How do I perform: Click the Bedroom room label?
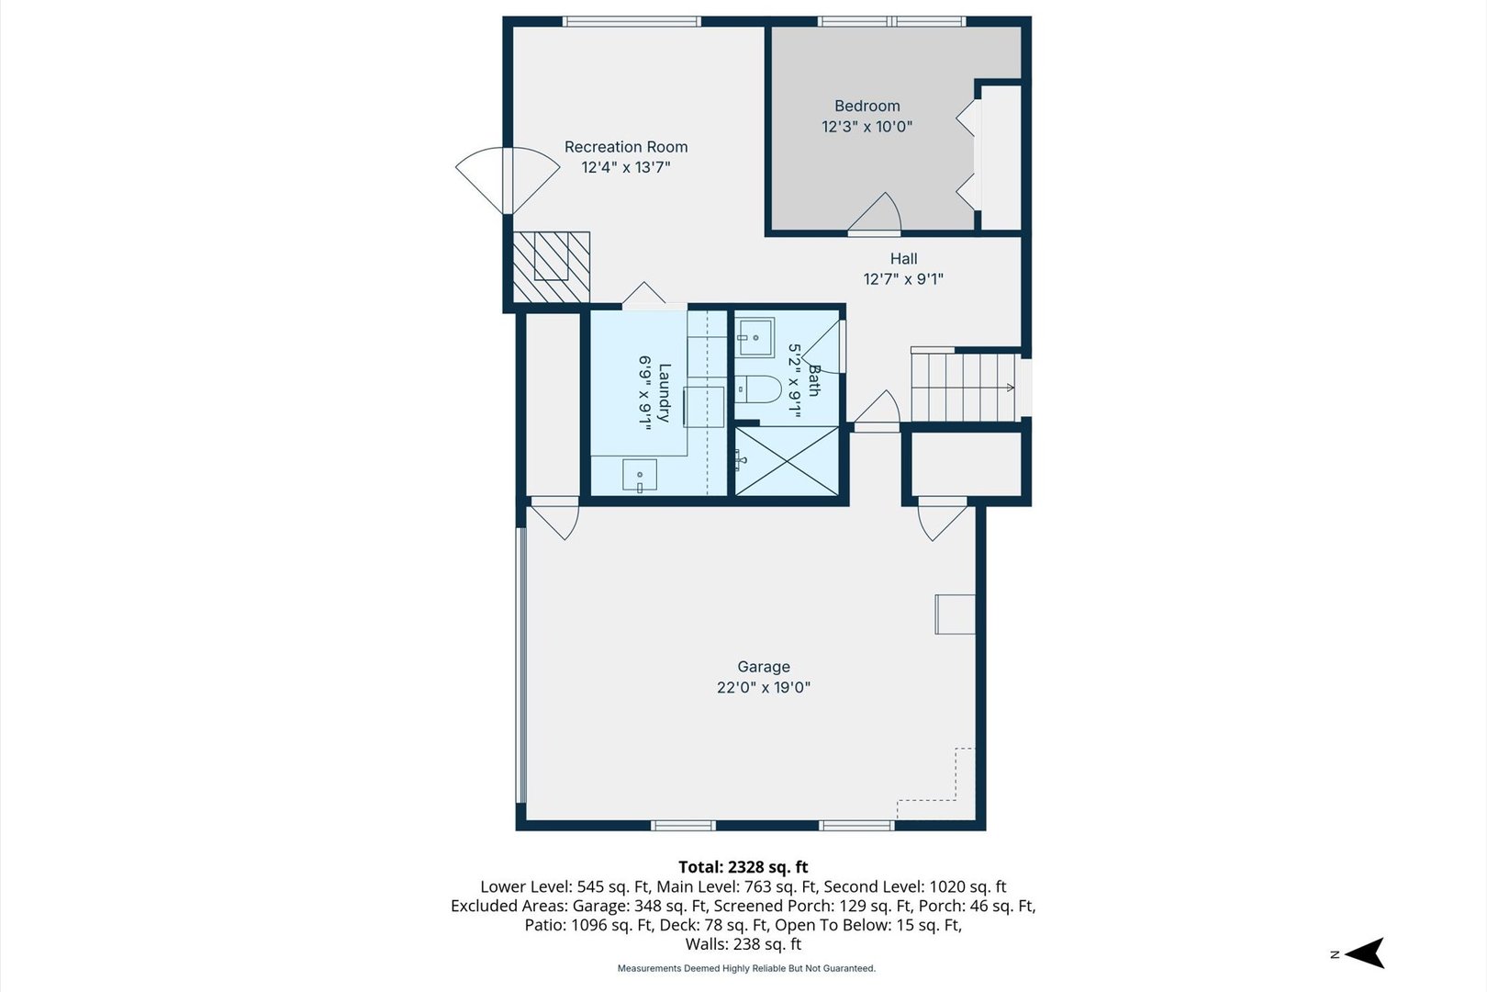point(867,106)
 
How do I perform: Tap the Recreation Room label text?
point(626,147)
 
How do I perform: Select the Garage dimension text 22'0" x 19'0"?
point(764,687)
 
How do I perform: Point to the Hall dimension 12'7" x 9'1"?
point(903,279)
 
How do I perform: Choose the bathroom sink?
point(755,337)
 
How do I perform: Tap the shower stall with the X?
point(787,460)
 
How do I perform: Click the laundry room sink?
point(639,475)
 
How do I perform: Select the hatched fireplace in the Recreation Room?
point(551,267)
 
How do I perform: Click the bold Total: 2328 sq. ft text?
point(743,867)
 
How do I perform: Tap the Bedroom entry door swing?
point(874,212)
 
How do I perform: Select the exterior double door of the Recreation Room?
point(508,180)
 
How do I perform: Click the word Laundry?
point(664,393)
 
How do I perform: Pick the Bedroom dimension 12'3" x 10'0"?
point(867,126)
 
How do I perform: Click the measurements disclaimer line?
point(746,969)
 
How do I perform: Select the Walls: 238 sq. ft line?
point(743,944)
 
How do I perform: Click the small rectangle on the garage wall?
point(955,614)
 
